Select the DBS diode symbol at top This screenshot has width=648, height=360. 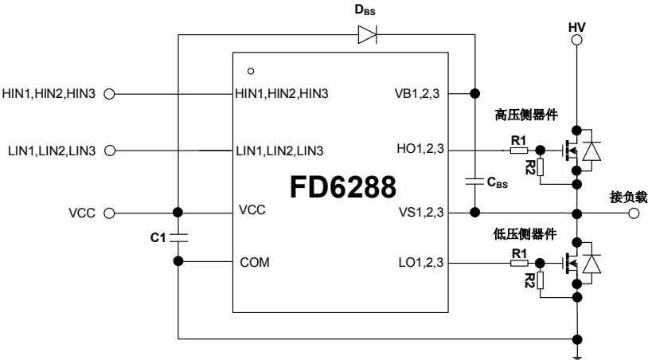367,36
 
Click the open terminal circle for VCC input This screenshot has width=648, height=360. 110,213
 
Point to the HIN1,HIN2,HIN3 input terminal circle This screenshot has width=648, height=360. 110,92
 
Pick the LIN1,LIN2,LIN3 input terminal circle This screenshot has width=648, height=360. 110,150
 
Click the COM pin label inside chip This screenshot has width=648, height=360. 251,261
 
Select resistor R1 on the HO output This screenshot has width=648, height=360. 518,149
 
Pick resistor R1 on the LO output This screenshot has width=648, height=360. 518,261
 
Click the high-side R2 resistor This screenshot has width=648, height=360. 541,166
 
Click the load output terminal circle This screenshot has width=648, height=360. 634,213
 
